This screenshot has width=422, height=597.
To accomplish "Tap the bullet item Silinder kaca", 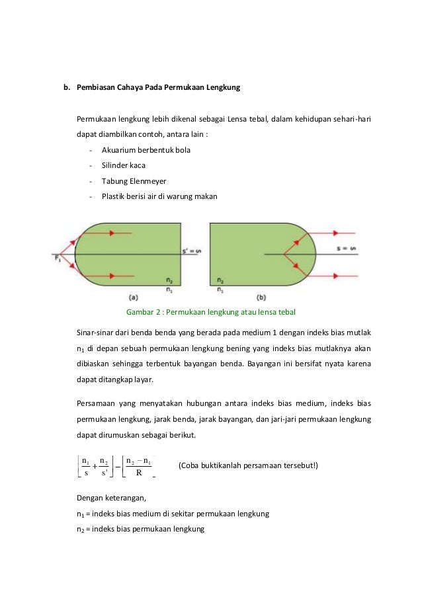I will coord(124,165).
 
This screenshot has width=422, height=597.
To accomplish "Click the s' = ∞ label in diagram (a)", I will coord(190,251).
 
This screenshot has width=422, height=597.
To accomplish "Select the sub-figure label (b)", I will coord(263,297).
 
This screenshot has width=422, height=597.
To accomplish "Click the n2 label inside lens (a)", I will coord(171,280).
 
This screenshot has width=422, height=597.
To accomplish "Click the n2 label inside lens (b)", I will coord(220,280).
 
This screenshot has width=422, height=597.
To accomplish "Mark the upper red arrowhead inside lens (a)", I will coord(112,233).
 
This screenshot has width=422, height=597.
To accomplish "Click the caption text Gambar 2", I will coord(144,311).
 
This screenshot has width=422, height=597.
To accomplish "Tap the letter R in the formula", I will coord(139,473).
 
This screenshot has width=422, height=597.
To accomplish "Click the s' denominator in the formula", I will coord(103,473).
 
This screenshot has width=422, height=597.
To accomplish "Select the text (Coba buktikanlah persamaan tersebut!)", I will coord(248,465).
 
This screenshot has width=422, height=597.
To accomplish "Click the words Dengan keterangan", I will coord(109,498).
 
